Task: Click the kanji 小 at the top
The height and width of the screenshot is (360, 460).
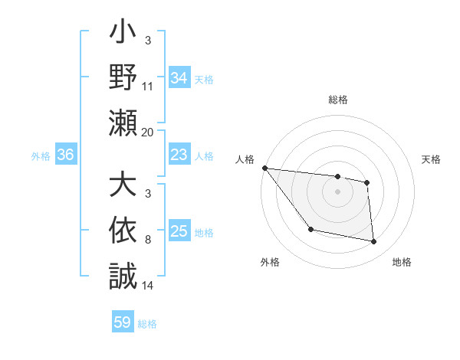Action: pos(123,34)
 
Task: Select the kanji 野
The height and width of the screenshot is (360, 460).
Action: pos(123,78)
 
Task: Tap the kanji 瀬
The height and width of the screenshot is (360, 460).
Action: pos(123,123)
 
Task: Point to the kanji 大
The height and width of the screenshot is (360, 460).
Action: pos(123,186)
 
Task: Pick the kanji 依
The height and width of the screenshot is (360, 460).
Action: pos(123,231)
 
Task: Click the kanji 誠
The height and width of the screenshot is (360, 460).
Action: pos(123,275)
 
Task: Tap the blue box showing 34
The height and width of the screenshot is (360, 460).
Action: pos(179,78)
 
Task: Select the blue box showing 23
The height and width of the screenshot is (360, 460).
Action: pos(179,155)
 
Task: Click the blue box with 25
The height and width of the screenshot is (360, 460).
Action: pos(179,231)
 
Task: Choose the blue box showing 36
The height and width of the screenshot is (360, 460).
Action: pos(65,155)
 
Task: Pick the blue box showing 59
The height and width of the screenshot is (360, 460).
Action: pos(123,322)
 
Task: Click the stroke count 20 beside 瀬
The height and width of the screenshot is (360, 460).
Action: pos(148,132)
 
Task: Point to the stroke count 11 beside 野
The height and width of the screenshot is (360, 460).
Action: pos(148,87)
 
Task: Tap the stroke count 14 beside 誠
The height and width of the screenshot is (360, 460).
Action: pos(148,285)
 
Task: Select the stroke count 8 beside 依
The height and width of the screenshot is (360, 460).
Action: pos(148,240)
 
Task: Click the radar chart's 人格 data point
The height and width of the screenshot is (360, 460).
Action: pos(264,168)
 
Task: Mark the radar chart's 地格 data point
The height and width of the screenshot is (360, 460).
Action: pos(374,242)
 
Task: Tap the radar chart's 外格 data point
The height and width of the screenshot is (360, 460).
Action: pos(310,229)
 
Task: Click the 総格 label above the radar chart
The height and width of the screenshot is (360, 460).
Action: pos(338,100)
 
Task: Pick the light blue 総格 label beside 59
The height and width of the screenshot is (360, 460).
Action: pos(147,324)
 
